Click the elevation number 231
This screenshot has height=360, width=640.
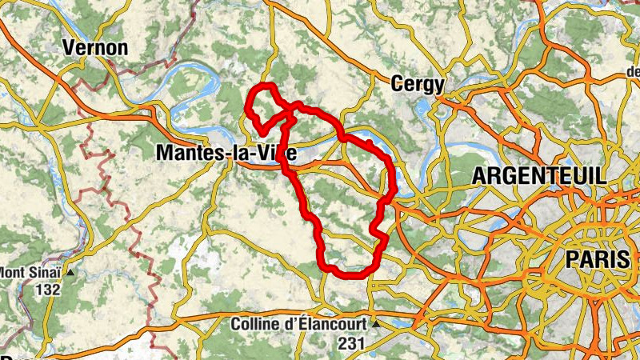click(x=352, y=342)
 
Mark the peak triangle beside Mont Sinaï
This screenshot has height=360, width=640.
click(x=70, y=272)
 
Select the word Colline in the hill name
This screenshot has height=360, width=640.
click(x=258, y=324)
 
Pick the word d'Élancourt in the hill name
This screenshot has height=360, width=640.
click(x=327, y=324)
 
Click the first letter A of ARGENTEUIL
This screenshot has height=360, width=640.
click(x=480, y=176)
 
